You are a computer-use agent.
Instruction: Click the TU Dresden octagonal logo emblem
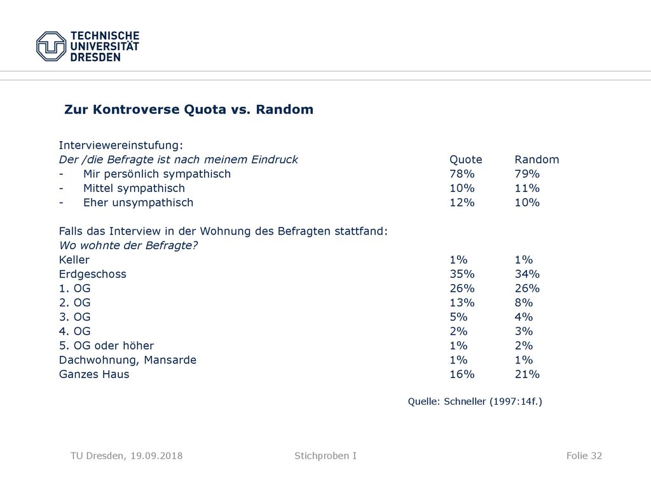[51, 46]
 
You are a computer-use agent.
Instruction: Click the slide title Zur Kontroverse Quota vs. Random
[188, 109]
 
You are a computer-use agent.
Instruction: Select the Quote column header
[466, 159]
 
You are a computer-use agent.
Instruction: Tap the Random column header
[537, 159]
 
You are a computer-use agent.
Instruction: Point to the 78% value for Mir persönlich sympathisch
[462, 174]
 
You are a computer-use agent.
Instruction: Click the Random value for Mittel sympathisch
[527, 188]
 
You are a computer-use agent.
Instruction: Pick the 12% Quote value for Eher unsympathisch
[462, 203]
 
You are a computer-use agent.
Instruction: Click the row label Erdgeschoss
[93, 274]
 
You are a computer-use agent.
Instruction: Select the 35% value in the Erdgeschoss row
[462, 274]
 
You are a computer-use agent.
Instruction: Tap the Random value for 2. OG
[524, 303]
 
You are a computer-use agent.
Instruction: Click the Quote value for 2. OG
[462, 303]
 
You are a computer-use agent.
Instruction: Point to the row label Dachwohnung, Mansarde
[127, 360]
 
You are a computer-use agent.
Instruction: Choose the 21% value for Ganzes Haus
[527, 374]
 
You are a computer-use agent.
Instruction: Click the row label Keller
[74, 260]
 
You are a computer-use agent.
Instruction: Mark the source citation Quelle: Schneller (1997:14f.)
[475, 402]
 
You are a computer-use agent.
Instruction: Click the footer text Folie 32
[584, 456]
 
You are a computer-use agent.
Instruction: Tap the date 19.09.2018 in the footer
[156, 456]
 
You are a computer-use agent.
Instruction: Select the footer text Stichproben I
[325, 456]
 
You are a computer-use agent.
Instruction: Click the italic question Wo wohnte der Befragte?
[128, 246]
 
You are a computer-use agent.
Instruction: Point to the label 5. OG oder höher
[106, 346]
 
